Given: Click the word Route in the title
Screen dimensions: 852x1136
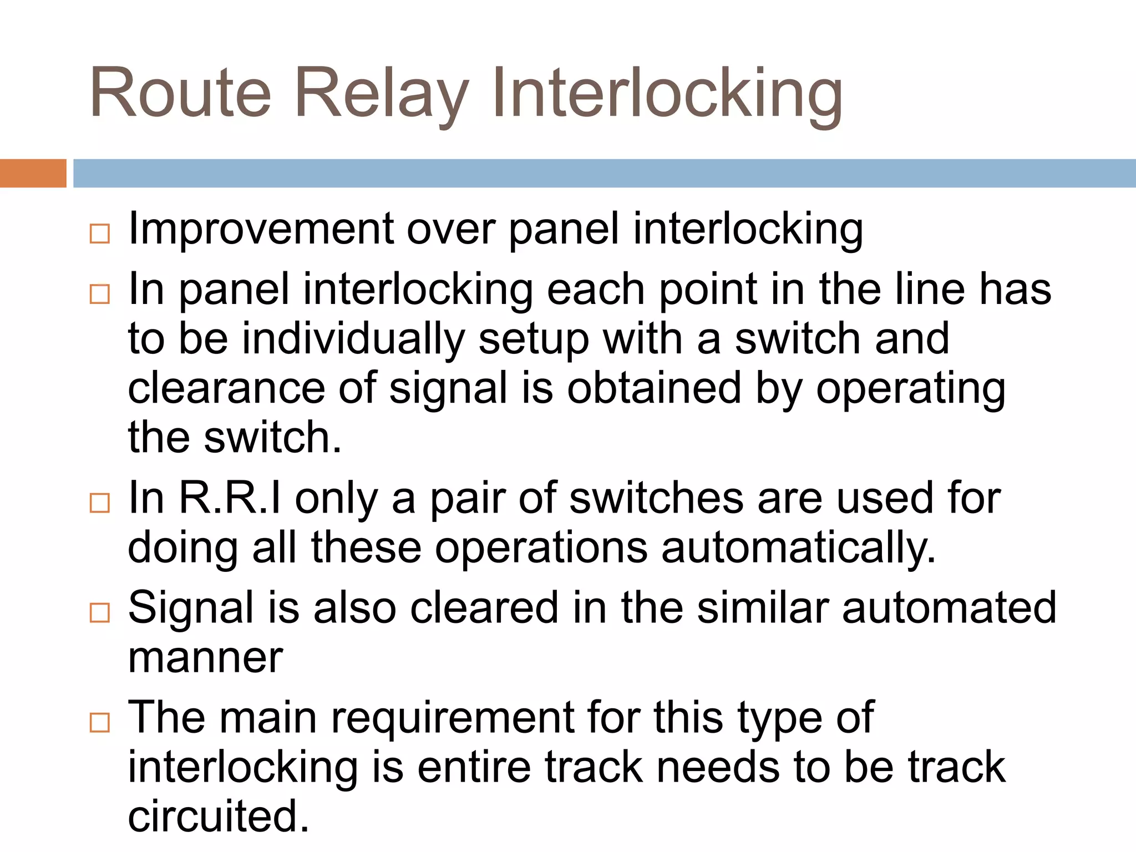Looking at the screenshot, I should click(x=180, y=93).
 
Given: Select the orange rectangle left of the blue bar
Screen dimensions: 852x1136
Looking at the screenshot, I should click(x=33, y=173).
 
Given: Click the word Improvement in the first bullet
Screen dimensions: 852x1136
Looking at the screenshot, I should click(x=261, y=229).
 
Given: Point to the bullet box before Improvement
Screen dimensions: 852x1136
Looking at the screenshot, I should click(x=100, y=234).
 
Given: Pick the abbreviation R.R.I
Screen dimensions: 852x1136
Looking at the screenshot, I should click(x=230, y=498).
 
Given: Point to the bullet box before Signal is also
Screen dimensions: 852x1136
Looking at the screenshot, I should click(x=100, y=612).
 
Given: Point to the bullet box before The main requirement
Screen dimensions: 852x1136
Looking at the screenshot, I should click(x=100, y=722).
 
